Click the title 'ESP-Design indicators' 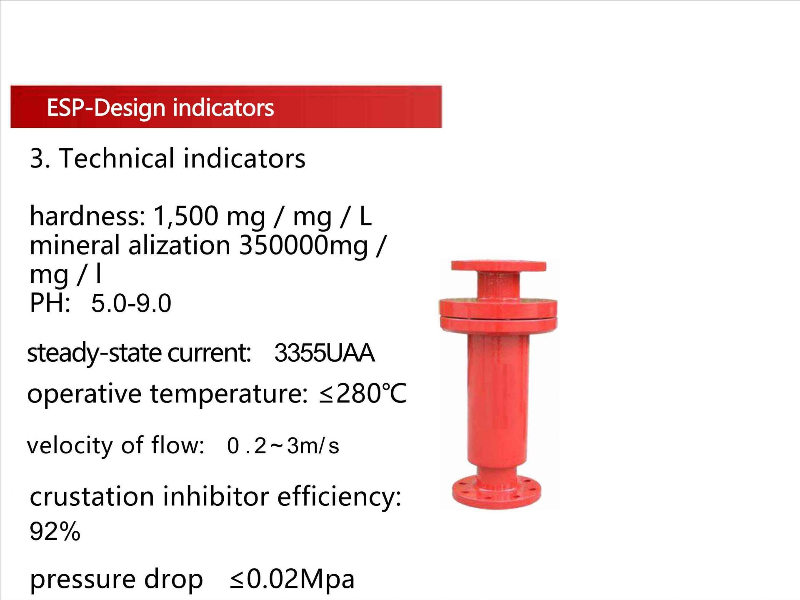click(x=160, y=108)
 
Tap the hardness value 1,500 click(x=186, y=216)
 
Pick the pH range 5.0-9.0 click(x=131, y=303)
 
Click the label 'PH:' click(x=50, y=302)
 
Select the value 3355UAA click(x=325, y=353)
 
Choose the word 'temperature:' click(x=229, y=394)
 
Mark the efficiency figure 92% click(x=55, y=531)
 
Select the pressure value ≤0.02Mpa click(x=292, y=579)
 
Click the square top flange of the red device click(x=498, y=266)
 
